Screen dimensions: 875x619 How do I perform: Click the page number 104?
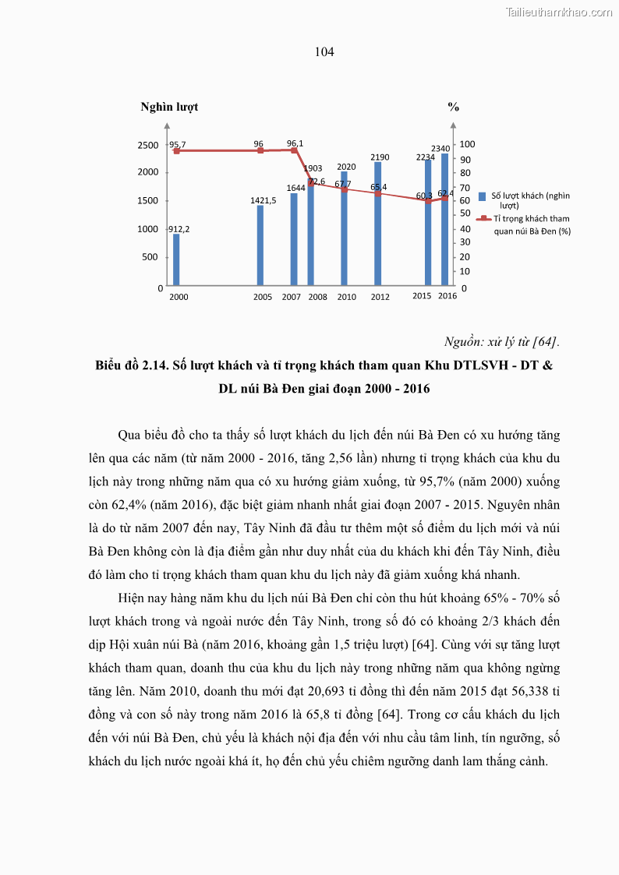click(324, 52)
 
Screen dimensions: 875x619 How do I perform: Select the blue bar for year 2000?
click(176, 260)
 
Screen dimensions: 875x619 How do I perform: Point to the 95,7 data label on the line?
click(177, 145)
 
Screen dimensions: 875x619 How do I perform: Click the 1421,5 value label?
click(264, 200)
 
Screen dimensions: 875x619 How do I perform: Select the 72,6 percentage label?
click(317, 182)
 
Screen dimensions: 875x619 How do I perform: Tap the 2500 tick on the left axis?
click(148, 145)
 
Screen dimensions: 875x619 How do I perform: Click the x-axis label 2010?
click(346, 297)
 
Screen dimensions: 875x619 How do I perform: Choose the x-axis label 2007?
click(291, 297)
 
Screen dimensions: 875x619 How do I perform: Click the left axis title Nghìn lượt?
click(169, 107)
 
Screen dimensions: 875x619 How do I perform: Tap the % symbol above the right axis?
click(453, 107)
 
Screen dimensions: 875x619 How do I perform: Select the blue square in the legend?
click(483, 196)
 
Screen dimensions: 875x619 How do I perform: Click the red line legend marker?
click(483, 219)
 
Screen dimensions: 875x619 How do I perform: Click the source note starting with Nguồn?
click(501, 341)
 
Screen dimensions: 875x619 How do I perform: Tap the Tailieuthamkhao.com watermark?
click(559, 12)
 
